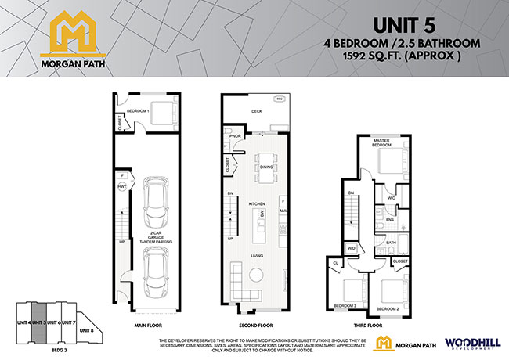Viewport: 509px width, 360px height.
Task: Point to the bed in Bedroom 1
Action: (x=163, y=115)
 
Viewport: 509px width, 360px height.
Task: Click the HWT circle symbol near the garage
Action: (x=122, y=188)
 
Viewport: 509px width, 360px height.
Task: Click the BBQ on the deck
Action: (x=280, y=99)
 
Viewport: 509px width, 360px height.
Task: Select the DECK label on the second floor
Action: (x=258, y=112)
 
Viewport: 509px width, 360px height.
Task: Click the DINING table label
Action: (x=267, y=167)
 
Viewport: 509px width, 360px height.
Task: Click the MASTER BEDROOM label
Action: (x=381, y=142)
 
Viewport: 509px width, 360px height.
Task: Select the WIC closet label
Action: (x=390, y=199)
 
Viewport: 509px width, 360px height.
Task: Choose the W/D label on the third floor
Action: (x=350, y=250)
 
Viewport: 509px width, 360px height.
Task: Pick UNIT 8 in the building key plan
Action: (x=87, y=331)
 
